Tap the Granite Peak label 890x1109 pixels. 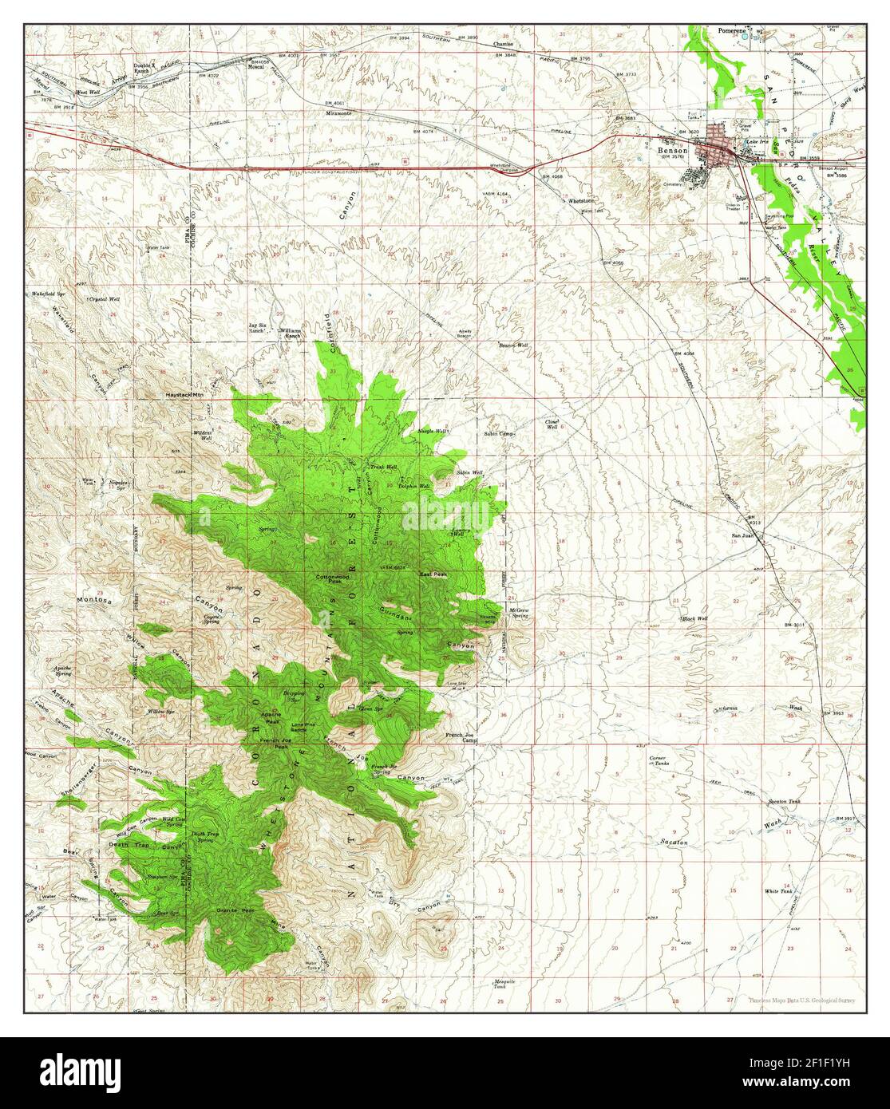pos(236,910)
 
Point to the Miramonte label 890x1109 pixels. pos(338,112)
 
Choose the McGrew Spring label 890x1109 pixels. pos(519,614)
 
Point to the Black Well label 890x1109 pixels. pos(695,618)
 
